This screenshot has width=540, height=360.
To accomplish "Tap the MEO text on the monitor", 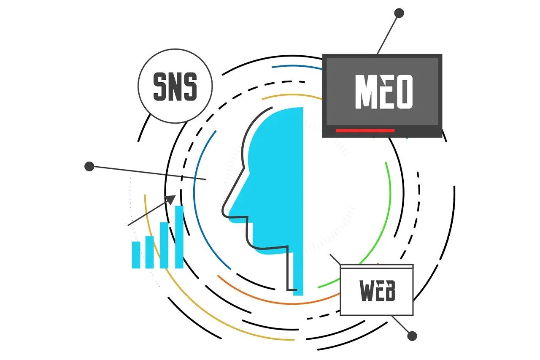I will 383,92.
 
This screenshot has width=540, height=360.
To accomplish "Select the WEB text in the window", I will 377,290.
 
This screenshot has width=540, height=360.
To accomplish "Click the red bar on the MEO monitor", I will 365,131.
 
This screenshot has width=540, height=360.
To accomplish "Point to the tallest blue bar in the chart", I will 179,237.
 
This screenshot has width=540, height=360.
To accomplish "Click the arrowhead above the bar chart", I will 172,199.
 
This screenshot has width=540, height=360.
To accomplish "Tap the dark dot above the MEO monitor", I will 399,13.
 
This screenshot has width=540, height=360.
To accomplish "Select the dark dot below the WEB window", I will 412,336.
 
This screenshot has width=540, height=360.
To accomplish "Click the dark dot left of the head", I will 89,166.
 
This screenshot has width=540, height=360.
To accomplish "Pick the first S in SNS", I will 160,87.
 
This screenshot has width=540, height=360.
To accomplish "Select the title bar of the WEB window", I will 377,266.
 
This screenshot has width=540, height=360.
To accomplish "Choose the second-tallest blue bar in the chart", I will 164,245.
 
